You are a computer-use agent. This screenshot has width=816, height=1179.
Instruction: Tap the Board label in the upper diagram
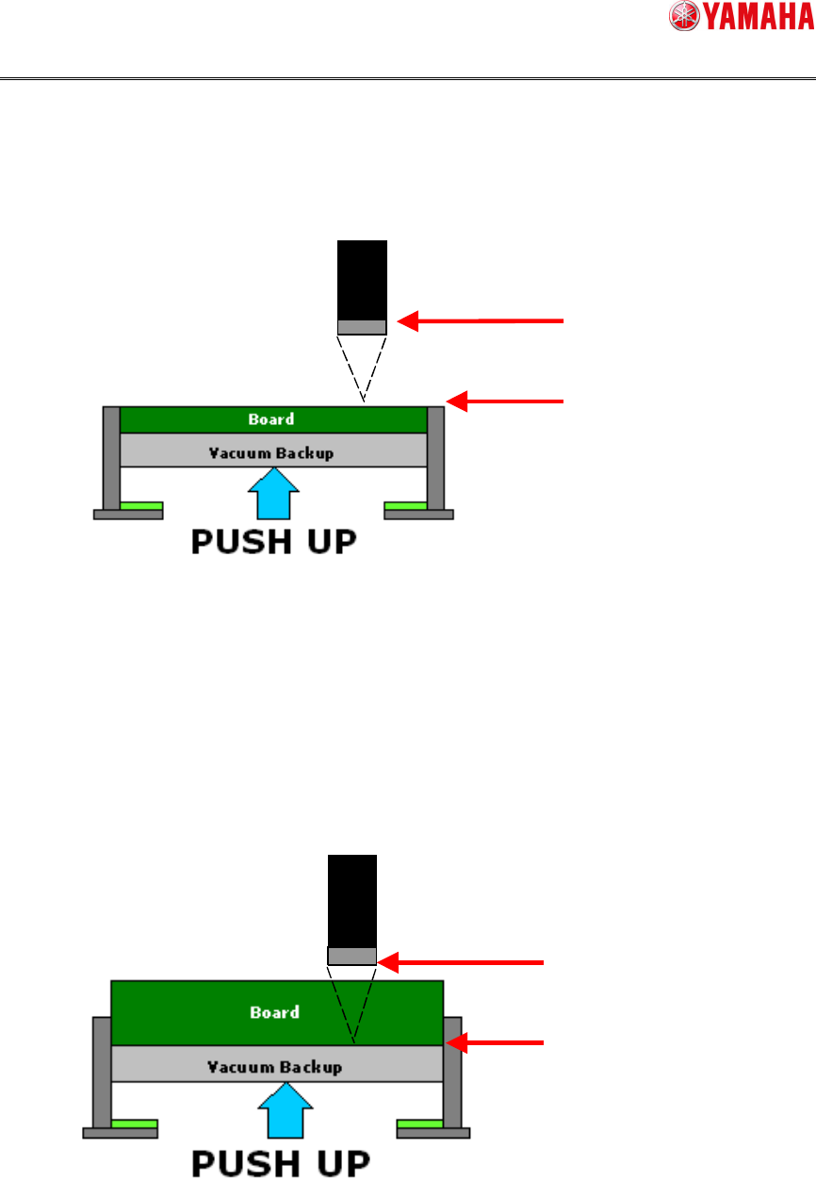tap(271, 419)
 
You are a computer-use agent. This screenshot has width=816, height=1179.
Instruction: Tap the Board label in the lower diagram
tap(275, 1012)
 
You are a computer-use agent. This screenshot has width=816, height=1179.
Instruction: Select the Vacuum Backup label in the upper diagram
tap(271, 452)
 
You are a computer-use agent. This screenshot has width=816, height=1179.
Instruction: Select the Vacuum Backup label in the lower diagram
tap(274, 1067)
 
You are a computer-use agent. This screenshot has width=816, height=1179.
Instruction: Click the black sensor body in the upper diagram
tap(363, 280)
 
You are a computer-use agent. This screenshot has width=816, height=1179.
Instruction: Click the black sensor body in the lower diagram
tap(352, 900)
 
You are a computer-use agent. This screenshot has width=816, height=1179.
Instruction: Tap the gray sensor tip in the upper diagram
tap(363, 327)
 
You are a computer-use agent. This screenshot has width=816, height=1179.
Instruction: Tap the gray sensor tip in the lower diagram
tap(352, 957)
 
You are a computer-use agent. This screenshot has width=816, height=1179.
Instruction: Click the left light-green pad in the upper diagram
tap(141, 506)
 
